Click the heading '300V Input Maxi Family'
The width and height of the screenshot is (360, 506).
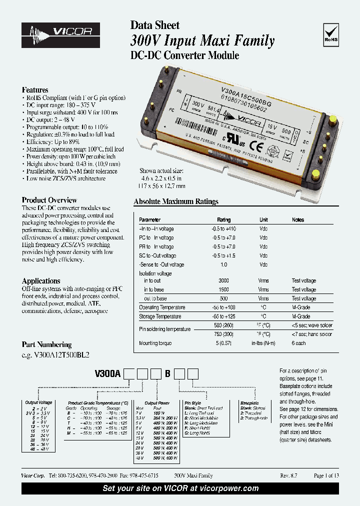[x=202, y=40]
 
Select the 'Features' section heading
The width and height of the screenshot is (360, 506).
[x=35, y=90]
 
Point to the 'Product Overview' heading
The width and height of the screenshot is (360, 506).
[x=49, y=200]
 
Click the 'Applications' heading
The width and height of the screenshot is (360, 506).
[x=41, y=281]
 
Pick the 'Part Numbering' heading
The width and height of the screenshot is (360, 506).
[x=46, y=344]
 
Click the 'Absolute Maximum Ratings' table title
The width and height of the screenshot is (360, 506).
[x=176, y=202]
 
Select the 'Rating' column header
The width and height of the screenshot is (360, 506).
[x=223, y=220]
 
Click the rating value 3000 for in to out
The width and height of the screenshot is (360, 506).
[x=223, y=281]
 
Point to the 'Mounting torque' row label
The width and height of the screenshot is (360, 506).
[x=155, y=343]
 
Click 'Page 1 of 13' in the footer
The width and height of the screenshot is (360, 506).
[x=326, y=476]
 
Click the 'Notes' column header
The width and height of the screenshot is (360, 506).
[x=298, y=220]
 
